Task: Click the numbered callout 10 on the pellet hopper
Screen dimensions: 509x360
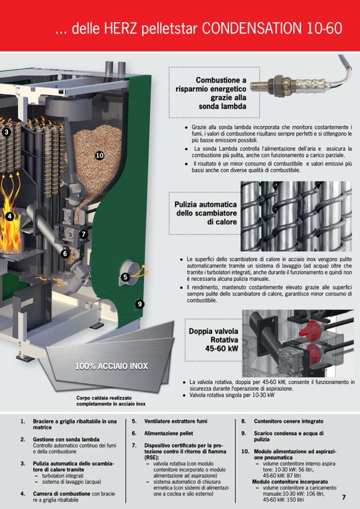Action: (x=99, y=156)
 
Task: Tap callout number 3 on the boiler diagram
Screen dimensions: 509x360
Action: (x=6, y=132)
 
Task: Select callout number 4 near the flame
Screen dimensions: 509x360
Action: (x=9, y=217)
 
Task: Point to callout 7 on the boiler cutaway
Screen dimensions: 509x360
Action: (x=83, y=234)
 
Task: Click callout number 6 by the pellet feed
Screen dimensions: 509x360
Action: (x=65, y=254)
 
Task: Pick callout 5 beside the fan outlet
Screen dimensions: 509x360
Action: (x=125, y=277)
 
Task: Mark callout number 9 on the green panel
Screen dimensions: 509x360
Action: (x=140, y=304)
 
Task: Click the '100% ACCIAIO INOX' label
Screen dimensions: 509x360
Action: (x=112, y=366)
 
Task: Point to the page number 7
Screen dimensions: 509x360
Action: (x=344, y=497)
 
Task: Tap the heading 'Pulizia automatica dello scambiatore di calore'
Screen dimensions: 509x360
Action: (x=206, y=213)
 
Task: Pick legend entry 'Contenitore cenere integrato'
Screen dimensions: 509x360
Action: (x=288, y=421)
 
